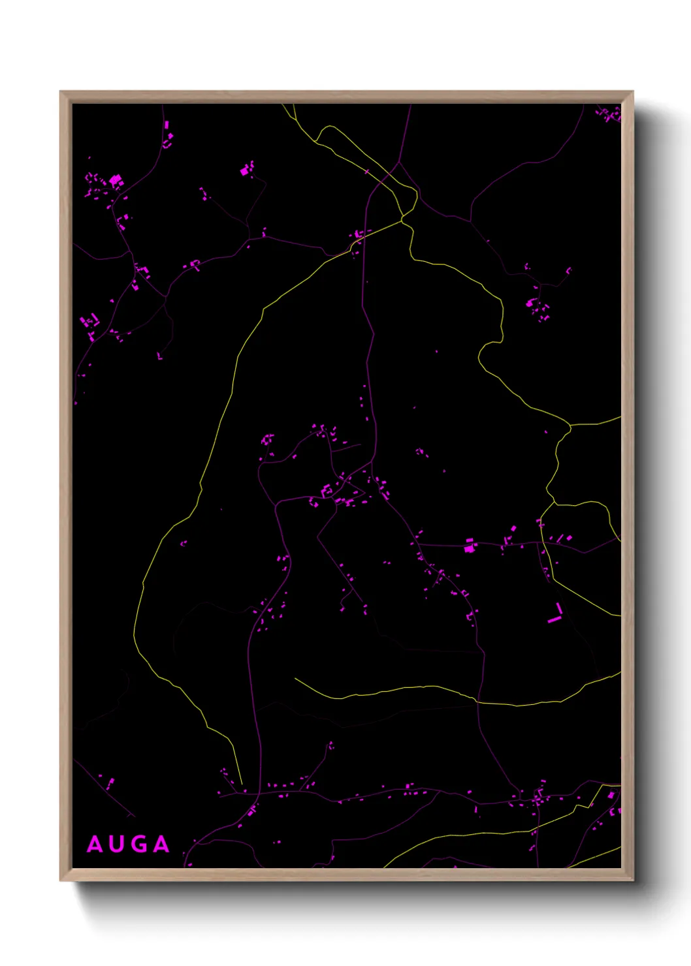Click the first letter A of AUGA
95,845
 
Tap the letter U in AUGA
118,845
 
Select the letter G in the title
140,845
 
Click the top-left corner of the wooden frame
61,92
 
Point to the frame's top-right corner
632,92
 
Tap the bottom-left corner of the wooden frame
61,880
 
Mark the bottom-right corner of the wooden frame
632,880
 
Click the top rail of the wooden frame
346,97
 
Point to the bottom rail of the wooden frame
346,875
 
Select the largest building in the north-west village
116,179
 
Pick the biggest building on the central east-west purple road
469,546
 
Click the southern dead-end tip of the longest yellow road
242,783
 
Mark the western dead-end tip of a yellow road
295,679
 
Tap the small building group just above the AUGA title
108,781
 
